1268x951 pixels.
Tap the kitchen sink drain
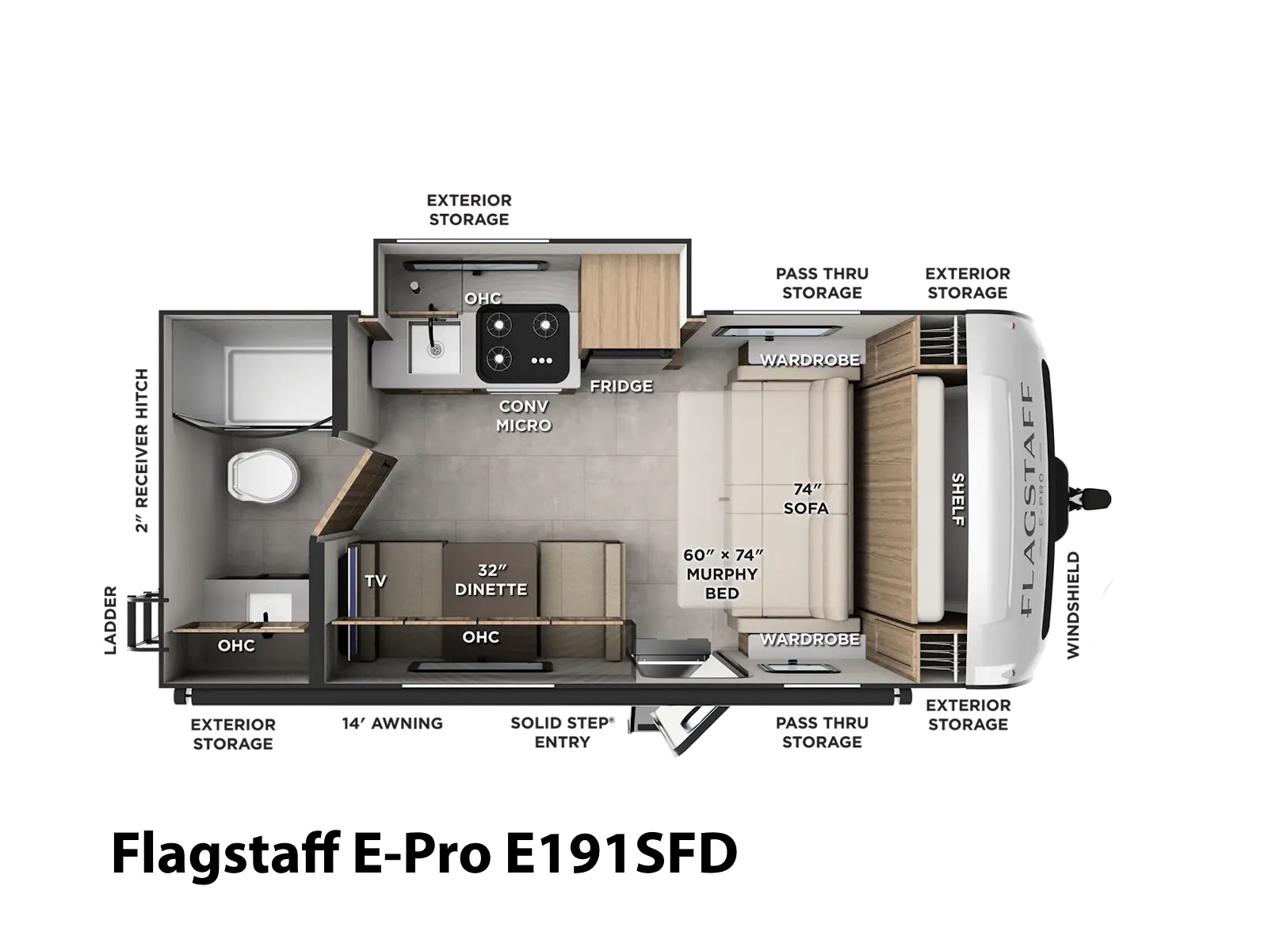[x=436, y=348]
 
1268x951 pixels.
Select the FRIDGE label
[x=621, y=386]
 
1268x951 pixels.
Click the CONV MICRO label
[x=524, y=416]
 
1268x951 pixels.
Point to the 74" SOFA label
[x=807, y=499]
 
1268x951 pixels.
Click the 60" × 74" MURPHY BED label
[x=723, y=574]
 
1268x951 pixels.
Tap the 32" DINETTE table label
[x=491, y=580]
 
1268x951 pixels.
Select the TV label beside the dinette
[x=375, y=581]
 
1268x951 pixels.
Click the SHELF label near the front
[x=958, y=499]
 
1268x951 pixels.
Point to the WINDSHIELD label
[x=1073, y=605]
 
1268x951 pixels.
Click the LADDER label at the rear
[x=110, y=621]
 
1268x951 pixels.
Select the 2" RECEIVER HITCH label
[x=142, y=450]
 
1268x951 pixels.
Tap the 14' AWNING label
[x=392, y=724]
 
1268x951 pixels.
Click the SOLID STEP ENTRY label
[x=562, y=732]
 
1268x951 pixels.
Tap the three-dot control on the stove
[x=541, y=361]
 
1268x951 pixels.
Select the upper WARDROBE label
[x=810, y=361]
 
